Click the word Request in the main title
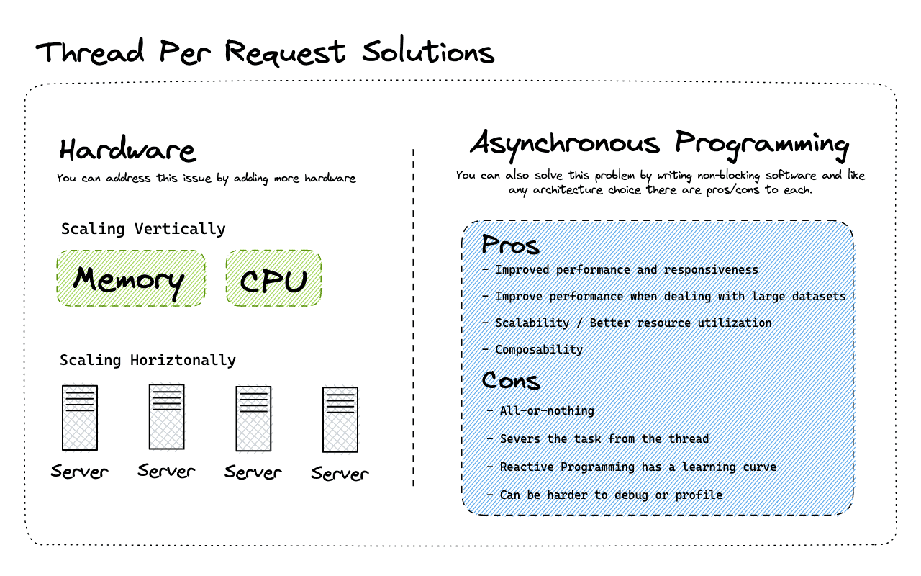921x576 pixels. [286, 53]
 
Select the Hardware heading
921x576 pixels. [127, 150]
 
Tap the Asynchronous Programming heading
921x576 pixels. [659, 143]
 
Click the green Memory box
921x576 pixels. [130, 279]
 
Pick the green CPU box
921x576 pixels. [273, 279]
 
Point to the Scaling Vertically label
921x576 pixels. [143, 229]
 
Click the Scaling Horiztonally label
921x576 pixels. [148, 360]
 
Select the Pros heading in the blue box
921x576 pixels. [510, 245]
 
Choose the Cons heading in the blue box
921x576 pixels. [511, 379]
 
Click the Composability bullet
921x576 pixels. [538, 349]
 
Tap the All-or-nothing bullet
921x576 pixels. [547, 410]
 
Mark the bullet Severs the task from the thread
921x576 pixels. [604, 438]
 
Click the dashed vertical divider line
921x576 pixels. [413, 317]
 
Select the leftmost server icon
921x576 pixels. [80, 418]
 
